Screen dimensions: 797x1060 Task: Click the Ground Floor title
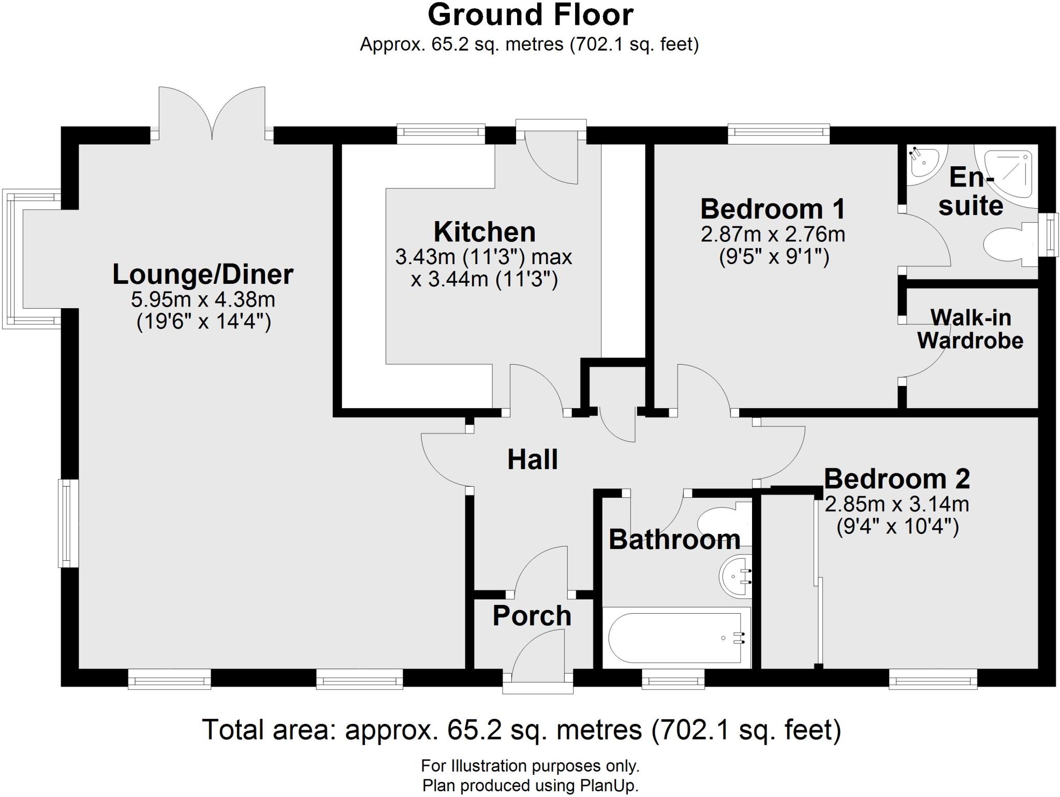(x=530, y=16)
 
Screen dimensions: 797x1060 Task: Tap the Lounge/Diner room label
(x=202, y=274)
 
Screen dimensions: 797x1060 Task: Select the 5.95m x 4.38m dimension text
(x=202, y=299)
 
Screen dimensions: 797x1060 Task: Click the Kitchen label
(x=484, y=232)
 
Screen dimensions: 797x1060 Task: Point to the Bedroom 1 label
(x=772, y=209)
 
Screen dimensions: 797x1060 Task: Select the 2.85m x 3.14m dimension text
(x=896, y=503)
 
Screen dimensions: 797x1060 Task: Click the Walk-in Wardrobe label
(x=970, y=329)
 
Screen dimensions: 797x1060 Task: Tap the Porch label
(x=532, y=616)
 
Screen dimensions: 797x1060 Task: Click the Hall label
(x=532, y=460)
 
